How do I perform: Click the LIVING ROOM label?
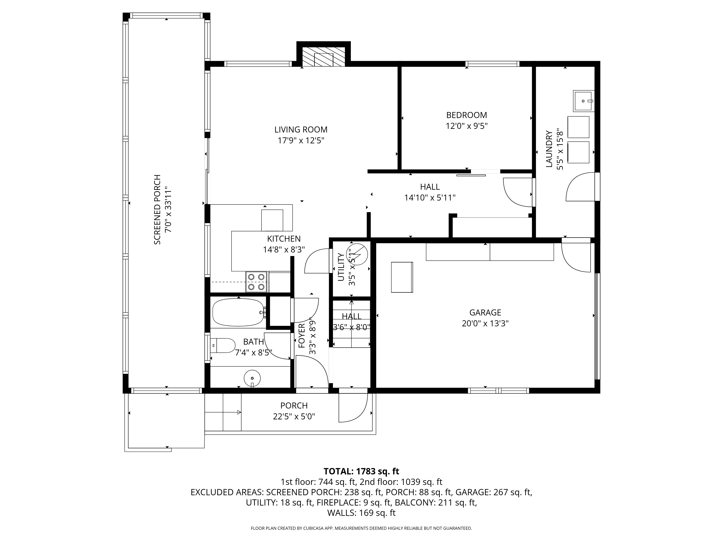[x=301, y=130]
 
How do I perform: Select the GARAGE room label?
[x=485, y=313]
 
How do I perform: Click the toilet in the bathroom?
[x=223, y=346]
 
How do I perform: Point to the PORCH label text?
[x=294, y=406]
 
